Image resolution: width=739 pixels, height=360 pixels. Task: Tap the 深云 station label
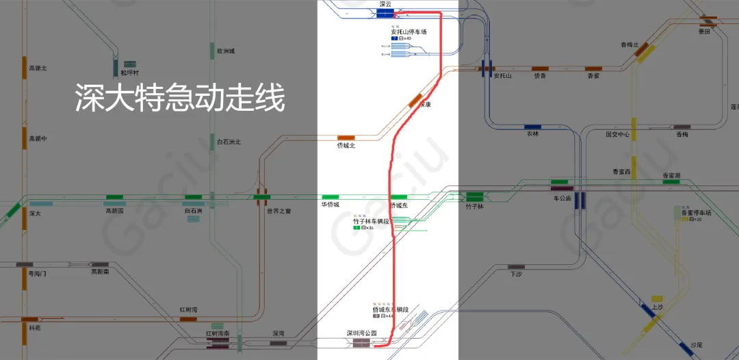(385, 4)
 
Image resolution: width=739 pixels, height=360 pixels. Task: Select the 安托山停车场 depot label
(409, 31)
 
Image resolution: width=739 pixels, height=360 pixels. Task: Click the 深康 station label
(424, 105)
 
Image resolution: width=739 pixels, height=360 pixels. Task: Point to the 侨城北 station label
(346, 146)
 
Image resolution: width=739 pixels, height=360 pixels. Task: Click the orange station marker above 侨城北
(346, 138)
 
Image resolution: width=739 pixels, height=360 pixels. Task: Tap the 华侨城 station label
(330, 205)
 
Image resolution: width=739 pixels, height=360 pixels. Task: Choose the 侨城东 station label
(399, 205)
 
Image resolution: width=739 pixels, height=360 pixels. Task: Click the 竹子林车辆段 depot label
(371, 221)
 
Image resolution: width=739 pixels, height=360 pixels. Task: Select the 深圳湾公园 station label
(361, 333)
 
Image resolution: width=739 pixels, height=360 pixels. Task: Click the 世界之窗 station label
(279, 211)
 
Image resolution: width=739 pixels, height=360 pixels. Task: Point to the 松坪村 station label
(129, 73)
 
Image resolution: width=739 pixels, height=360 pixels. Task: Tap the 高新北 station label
(38, 68)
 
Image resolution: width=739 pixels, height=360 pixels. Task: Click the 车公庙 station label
(562, 198)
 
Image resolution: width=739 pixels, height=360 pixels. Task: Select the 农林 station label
(532, 134)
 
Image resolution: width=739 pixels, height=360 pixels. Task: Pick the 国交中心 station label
(617, 135)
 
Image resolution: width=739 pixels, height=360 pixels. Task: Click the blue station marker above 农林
(532, 127)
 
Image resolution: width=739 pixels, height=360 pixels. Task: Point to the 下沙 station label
(516, 273)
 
